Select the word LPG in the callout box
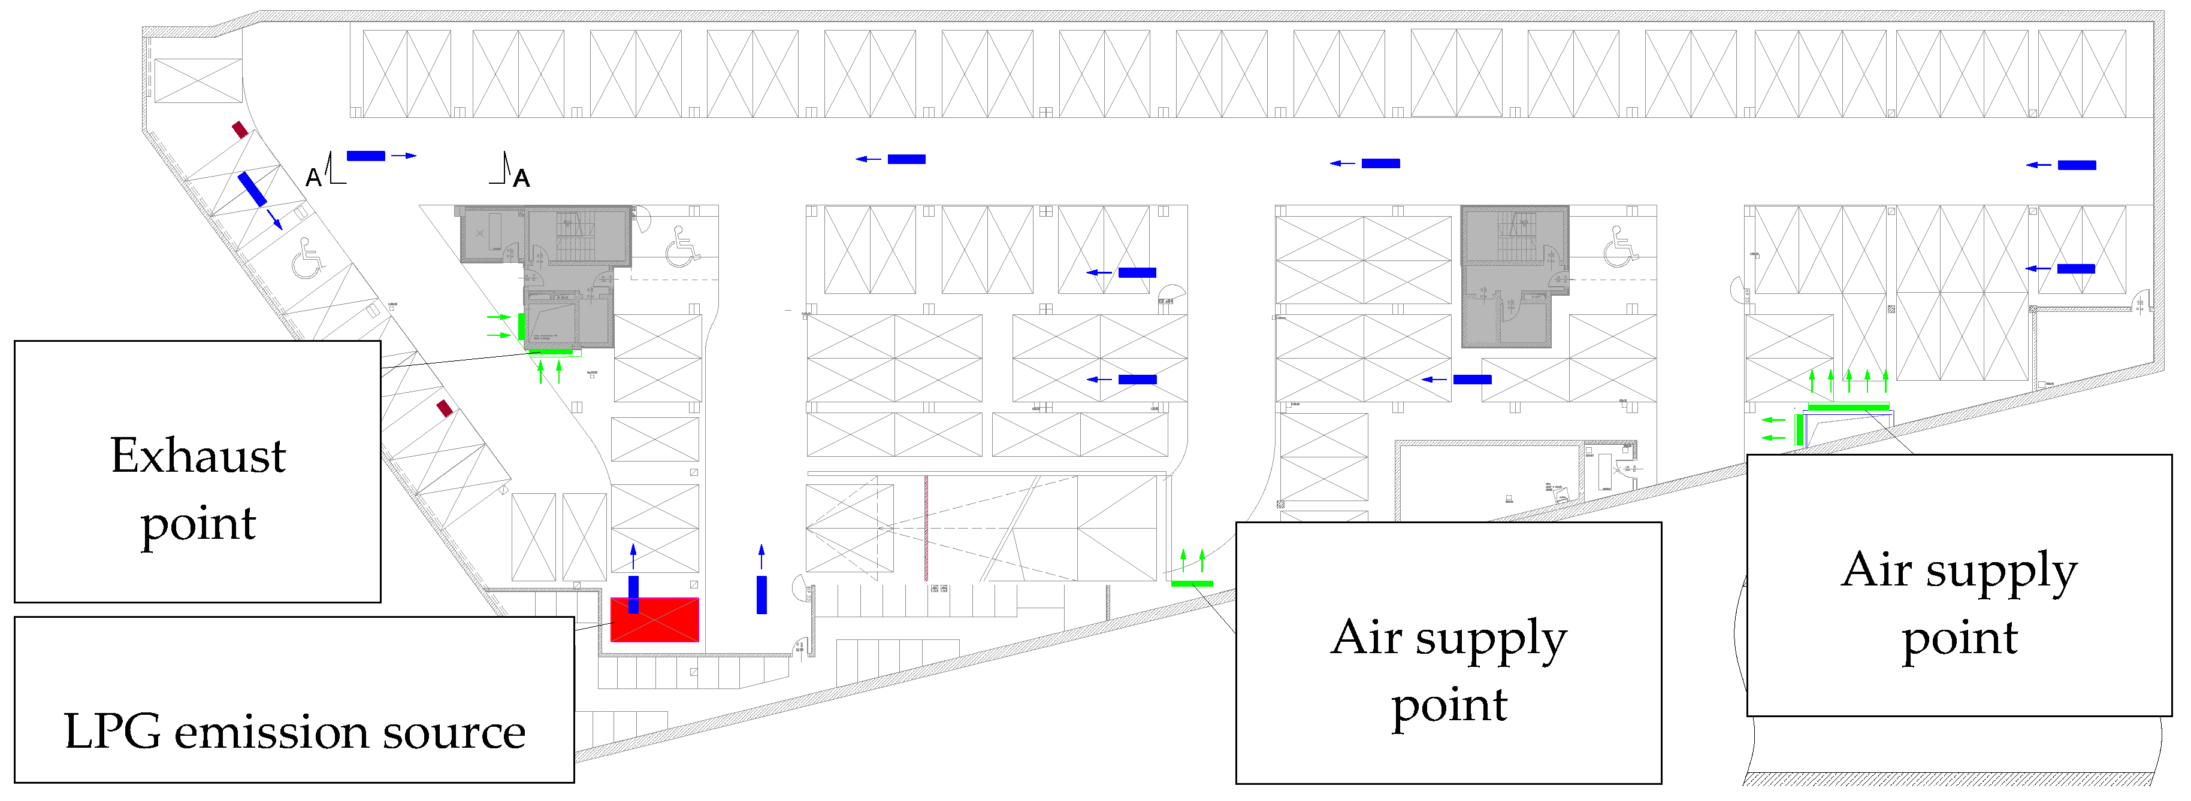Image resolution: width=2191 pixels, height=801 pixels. [x=111, y=732]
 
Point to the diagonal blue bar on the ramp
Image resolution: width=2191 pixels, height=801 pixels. [x=252, y=189]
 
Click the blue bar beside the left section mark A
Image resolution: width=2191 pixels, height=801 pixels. [x=365, y=156]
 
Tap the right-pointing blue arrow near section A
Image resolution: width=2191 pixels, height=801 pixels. [x=405, y=156]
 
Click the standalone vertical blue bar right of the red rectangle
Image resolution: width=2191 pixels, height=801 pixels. [x=761, y=594]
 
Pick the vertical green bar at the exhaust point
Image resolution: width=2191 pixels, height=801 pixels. [x=521, y=326]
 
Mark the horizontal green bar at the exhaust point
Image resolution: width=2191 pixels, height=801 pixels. [x=551, y=352]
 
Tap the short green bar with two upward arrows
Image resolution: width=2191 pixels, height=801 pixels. [x=1192, y=583]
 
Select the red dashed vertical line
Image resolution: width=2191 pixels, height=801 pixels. [x=926, y=527]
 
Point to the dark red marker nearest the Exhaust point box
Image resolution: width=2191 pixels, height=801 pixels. [x=444, y=409]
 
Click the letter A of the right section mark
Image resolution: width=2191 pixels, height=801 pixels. [x=521, y=178]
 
